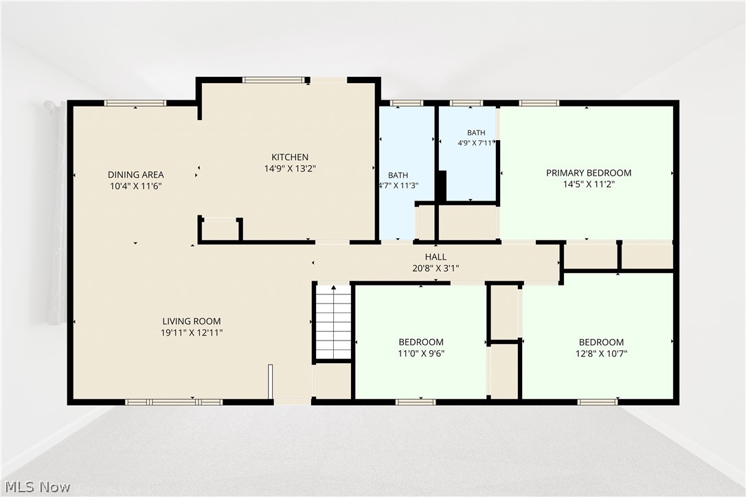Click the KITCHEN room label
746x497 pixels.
click(x=290, y=157)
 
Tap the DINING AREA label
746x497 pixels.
click(x=135, y=174)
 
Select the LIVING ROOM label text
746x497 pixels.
click(x=191, y=321)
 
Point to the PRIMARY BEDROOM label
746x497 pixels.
click(x=589, y=172)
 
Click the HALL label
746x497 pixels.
click(x=436, y=257)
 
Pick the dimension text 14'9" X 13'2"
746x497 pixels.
click(x=290, y=168)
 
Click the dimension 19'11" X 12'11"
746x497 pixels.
click(x=191, y=332)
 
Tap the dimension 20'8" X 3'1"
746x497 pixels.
click(x=436, y=268)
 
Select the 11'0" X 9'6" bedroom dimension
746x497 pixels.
click(x=421, y=354)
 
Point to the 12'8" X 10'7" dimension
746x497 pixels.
click(x=601, y=354)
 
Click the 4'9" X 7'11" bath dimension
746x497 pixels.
click(x=476, y=143)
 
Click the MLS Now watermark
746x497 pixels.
click(x=38, y=487)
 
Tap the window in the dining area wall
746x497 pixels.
click(x=135, y=103)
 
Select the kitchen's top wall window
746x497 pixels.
click(x=273, y=80)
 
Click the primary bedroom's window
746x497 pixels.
click(x=539, y=103)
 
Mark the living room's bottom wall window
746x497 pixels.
click(x=174, y=402)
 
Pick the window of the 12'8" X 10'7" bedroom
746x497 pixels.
click(x=598, y=402)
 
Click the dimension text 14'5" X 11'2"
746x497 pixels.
click(x=589, y=184)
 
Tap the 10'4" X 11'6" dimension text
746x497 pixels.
click(x=135, y=186)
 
